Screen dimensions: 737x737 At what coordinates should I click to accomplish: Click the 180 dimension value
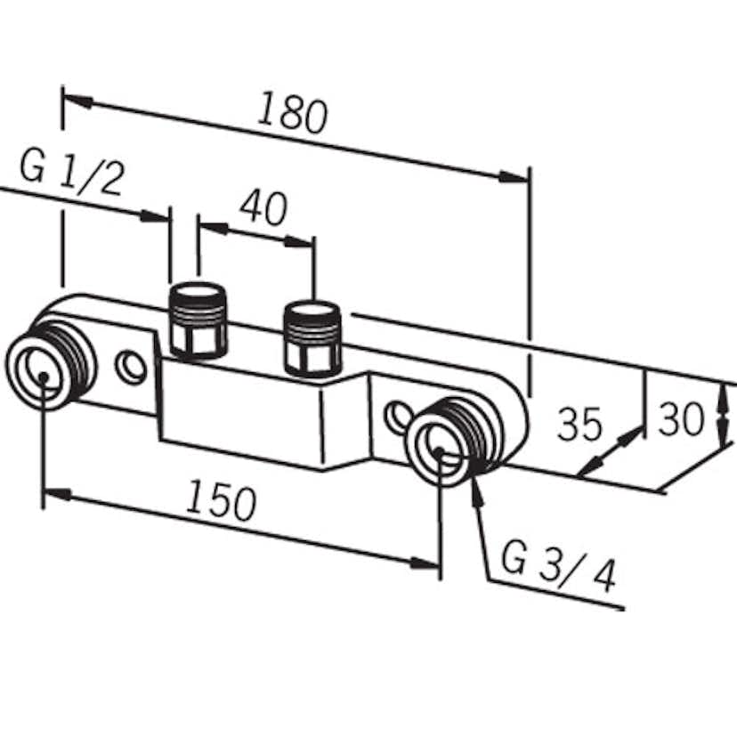click(x=293, y=114)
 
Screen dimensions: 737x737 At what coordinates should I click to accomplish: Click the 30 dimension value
click(x=681, y=418)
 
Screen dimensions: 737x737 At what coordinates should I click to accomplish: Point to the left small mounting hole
click(x=132, y=367)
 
